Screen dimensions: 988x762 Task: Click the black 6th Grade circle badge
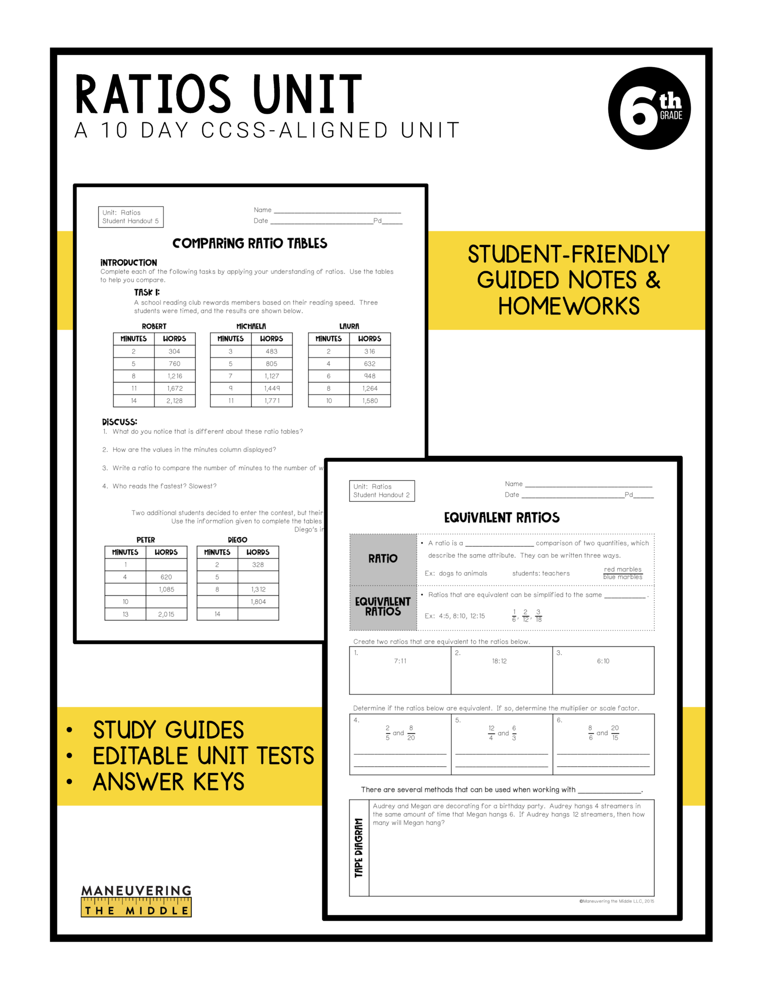(649, 108)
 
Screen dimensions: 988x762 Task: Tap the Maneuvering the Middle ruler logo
(136, 901)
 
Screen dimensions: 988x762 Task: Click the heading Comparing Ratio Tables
(250, 243)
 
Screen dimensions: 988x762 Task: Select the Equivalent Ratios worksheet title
(502, 518)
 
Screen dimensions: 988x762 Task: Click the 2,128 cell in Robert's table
(175, 401)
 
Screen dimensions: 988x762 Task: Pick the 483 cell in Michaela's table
(272, 352)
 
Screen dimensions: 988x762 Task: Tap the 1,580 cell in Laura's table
(370, 401)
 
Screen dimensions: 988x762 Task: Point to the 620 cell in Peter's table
(166, 577)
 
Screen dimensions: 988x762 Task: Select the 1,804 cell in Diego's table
(258, 602)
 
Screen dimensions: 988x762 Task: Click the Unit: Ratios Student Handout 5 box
(131, 217)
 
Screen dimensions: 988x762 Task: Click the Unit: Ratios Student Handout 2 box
(381, 491)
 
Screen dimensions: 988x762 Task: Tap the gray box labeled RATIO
(383, 559)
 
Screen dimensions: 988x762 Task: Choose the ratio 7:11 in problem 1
(400, 661)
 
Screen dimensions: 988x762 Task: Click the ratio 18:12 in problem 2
(499, 661)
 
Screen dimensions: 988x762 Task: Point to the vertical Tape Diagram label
(359, 848)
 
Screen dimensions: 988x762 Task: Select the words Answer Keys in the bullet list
(169, 782)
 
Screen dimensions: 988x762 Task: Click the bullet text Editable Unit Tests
(203, 755)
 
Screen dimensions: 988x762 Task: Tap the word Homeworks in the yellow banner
(569, 306)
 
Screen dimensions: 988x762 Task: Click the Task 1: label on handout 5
(147, 292)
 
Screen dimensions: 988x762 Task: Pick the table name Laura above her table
(349, 326)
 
